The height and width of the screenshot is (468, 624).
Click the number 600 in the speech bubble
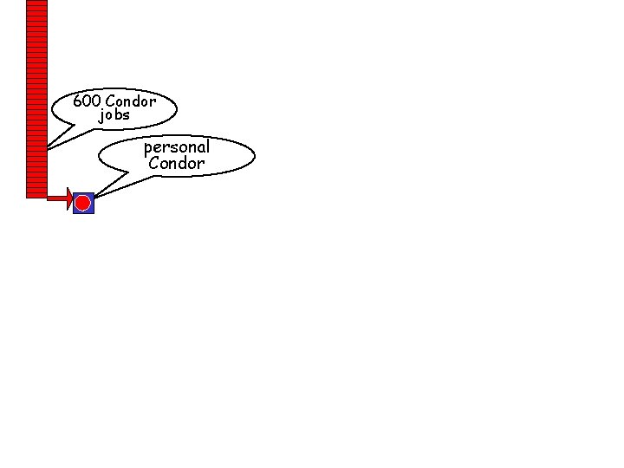(88, 101)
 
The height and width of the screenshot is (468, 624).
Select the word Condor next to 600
(131, 101)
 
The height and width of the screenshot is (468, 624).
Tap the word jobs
(114, 115)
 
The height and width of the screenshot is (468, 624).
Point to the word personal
(177, 147)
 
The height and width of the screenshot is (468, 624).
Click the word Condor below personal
(177, 163)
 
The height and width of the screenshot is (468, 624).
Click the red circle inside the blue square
(83, 204)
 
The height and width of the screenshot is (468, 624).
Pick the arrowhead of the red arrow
(69, 199)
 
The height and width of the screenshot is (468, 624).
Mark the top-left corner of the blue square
(74, 193)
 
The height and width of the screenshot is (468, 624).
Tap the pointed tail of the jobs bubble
(48, 148)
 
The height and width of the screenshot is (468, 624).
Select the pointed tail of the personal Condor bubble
(94, 197)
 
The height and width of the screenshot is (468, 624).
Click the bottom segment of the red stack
(36, 195)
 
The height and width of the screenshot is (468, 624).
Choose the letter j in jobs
(101, 115)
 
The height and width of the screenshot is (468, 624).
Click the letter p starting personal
(148, 148)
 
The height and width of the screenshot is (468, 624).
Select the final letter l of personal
(207, 147)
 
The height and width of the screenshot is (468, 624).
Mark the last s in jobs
(127, 115)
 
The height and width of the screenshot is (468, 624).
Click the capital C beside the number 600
(110, 101)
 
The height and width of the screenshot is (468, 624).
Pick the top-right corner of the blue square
(93, 193)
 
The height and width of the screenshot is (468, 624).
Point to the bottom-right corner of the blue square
(93, 213)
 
